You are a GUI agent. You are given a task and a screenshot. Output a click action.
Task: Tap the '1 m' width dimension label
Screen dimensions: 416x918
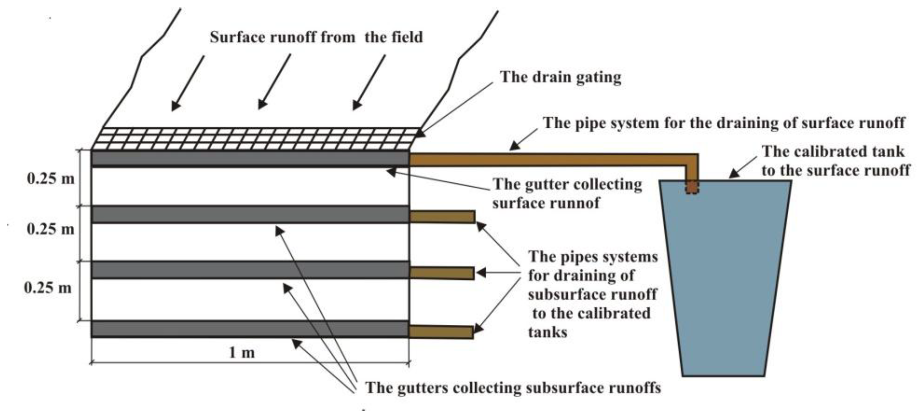point(242,352)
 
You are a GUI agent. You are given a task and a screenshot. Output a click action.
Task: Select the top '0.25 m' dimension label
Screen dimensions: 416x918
point(51,178)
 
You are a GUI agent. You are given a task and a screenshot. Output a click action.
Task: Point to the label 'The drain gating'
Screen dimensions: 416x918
point(560,77)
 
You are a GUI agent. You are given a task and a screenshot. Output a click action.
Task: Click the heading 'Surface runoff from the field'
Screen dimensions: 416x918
point(316,37)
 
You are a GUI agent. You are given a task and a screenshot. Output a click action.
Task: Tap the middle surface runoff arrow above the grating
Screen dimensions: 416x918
point(274,81)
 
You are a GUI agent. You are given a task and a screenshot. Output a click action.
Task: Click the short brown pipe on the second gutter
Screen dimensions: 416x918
point(442,217)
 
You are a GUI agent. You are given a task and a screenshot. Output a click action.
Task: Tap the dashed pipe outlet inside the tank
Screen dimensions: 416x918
point(692,187)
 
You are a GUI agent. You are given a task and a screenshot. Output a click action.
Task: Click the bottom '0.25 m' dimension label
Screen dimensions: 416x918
point(48,287)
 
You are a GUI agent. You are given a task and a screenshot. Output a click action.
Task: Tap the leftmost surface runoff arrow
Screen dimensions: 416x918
point(188,83)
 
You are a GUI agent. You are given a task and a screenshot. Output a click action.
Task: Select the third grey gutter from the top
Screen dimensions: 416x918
point(249,270)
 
